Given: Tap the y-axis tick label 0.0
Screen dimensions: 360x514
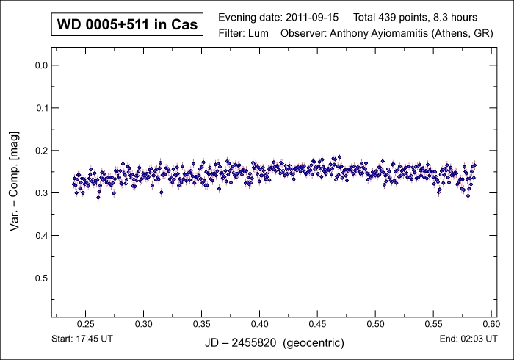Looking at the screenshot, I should click(x=41, y=65).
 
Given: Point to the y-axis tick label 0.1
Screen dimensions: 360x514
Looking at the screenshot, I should click(x=41, y=108).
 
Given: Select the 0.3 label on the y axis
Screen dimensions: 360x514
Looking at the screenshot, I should click(x=41, y=193).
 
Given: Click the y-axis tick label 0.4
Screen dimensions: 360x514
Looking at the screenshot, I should click(x=41, y=236).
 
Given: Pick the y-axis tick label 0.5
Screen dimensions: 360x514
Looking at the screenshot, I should click(x=41, y=278).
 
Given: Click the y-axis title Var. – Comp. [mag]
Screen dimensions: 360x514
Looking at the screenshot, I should click(x=14, y=184).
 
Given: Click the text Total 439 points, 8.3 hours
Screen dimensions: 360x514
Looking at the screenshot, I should click(x=415, y=16).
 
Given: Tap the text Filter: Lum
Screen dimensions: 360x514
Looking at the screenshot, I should click(x=246, y=34).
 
